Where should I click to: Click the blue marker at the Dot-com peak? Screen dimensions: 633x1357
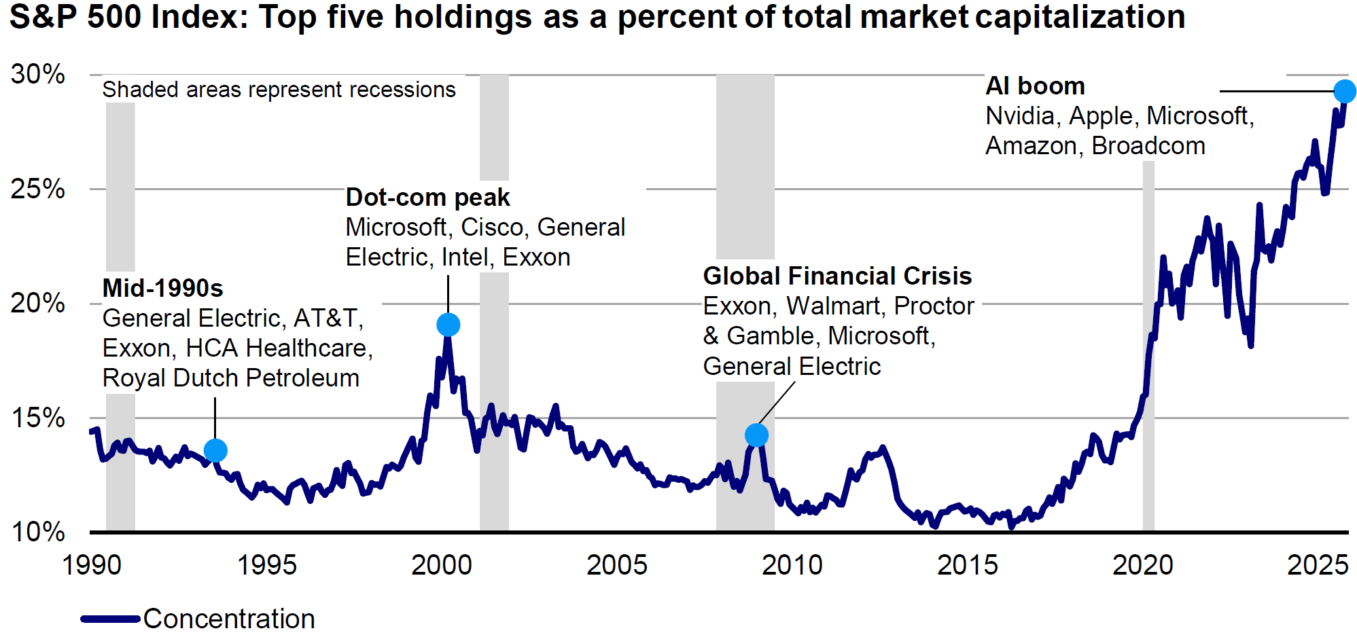(448, 325)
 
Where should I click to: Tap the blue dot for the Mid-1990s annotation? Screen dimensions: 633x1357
(215, 450)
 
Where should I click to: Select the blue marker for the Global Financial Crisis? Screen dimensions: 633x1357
(756, 435)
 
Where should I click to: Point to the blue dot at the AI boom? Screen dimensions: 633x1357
(1344, 91)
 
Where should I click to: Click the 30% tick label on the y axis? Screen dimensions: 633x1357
(38, 74)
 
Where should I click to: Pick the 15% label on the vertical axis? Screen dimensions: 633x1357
(38, 418)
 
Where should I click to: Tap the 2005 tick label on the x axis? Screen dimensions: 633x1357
(616, 565)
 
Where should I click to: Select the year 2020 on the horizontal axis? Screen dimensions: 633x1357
(1142, 565)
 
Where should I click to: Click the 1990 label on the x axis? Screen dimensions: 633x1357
(92, 565)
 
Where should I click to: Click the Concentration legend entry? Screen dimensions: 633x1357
(228, 619)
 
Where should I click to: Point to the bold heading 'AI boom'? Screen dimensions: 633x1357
(1035, 86)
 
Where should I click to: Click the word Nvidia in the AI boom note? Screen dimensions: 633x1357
(1019, 116)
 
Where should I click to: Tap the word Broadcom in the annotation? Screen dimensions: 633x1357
(1148, 146)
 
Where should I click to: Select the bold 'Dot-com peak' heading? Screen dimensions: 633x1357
(427, 198)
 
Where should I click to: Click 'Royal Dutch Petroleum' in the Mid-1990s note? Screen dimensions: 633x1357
(230, 378)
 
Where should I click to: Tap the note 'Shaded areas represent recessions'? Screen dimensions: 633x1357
(279, 90)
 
